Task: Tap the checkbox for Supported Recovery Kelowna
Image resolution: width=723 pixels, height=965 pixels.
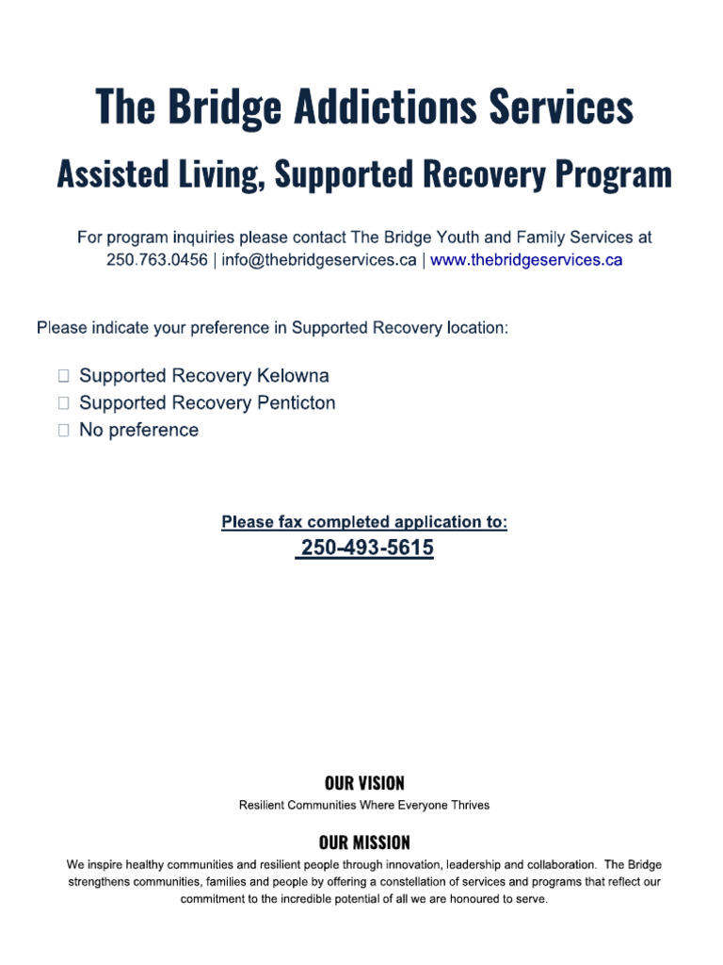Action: (x=63, y=377)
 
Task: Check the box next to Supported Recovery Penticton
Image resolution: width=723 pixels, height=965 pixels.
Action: (x=63, y=403)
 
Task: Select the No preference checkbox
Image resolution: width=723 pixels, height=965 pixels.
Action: (x=63, y=431)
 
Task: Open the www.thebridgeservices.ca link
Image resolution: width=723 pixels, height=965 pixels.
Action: (x=526, y=260)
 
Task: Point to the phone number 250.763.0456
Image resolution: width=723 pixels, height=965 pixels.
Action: (x=157, y=260)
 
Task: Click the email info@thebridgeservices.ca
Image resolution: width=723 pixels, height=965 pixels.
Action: (x=318, y=260)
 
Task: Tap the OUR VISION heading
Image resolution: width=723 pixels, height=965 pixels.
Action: (x=364, y=783)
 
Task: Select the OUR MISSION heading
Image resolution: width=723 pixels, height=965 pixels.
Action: (x=364, y=842)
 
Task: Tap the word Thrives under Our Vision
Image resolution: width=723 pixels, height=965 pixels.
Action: (x=469, y=806)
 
